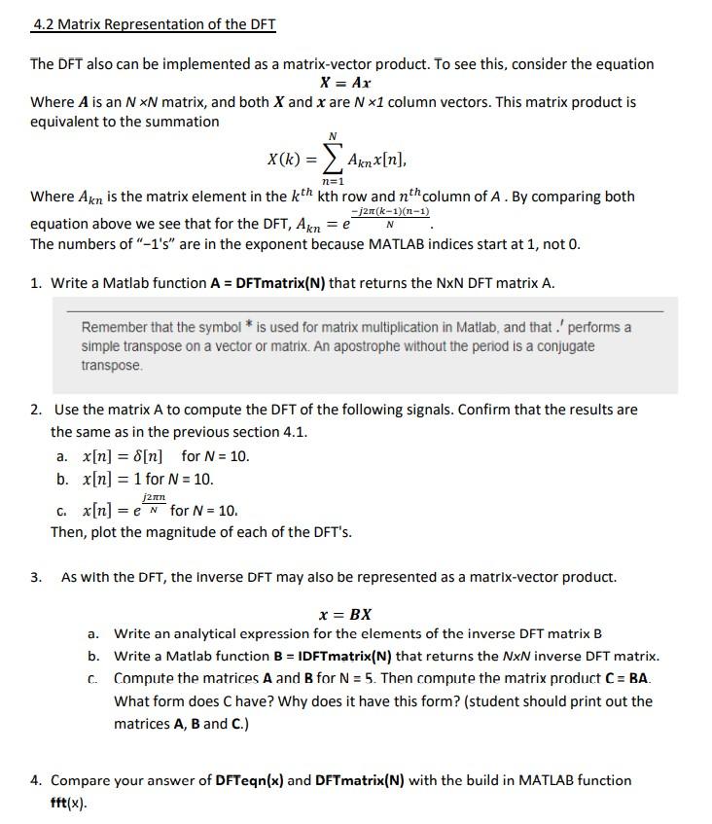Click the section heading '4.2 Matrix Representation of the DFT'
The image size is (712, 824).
(x=154, y=24)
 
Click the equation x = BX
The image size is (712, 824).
(x=345, y=615)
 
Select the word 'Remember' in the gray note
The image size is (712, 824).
(x=114, y=327)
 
